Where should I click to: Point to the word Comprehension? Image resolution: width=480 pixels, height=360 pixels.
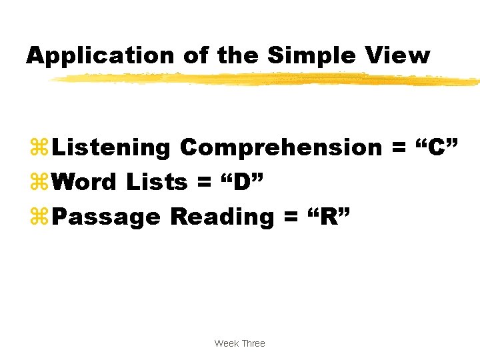click(x=281, y=147)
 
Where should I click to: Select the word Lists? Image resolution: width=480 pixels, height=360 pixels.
click(x=157, y=182)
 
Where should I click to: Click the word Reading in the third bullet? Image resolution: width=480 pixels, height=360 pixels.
click(x=221, y=217)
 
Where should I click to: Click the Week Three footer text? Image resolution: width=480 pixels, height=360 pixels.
click(x=239, y=343)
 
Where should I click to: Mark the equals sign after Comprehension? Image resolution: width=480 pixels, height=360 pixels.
click(x=399, y=148)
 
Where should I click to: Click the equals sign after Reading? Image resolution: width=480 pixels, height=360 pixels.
click(x=291, y=217)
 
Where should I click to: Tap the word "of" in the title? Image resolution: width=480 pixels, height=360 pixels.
click(x=195, y=55)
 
